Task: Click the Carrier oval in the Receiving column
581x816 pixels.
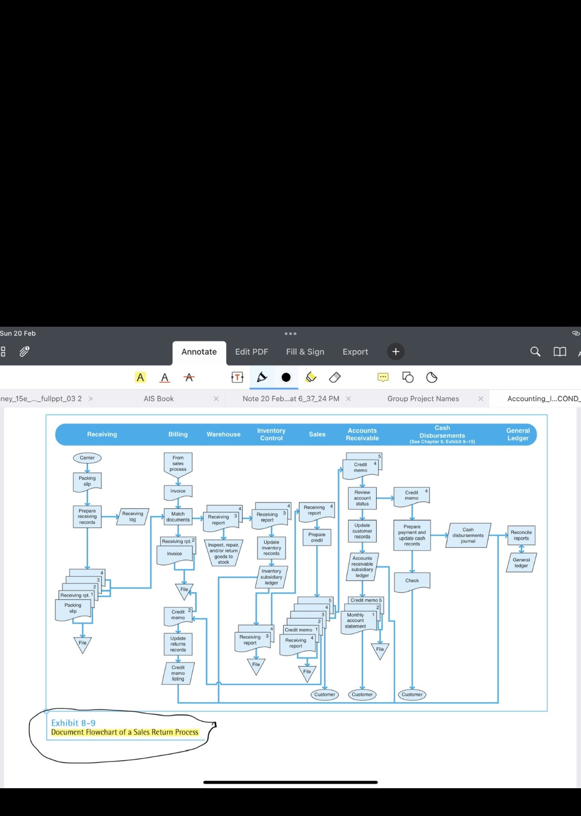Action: tap(87, 457)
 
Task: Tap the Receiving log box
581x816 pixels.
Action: tap(132, 517)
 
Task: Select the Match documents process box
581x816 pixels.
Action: tap(178, 517)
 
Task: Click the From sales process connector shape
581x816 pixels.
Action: tap(178, 464)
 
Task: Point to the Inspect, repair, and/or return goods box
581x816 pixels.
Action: tap(224, 553)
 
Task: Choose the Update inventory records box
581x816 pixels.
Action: tap(271, 547)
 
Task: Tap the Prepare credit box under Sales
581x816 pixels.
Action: tap(317, 537)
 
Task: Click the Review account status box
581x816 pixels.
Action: tap(362, 498)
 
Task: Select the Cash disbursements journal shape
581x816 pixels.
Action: tap(468, 535)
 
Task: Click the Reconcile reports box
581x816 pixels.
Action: tap(521, 535)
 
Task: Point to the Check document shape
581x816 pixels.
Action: tap(412, 581)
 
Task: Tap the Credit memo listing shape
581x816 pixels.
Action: tap(178, 673)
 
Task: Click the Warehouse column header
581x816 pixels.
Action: tap(224, 434)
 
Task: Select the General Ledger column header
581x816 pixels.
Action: tap(518, 434)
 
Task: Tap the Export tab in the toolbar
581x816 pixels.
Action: tap(355, 351)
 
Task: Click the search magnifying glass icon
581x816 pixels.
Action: tap(535, 351)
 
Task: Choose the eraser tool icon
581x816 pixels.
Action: tap(335, 378)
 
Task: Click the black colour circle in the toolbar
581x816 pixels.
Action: tap(286, 378)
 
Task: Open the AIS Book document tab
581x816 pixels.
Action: tap(159, 399)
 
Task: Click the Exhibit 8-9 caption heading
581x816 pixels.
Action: tap(73, 723)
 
